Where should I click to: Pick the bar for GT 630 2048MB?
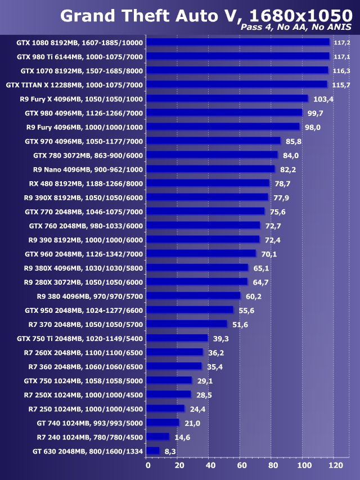coord(152,451)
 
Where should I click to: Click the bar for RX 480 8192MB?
coord(208,183)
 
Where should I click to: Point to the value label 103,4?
coord(323,99)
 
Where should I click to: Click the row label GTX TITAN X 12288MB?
coord(74,84)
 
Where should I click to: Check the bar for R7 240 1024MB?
coord(157,437)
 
